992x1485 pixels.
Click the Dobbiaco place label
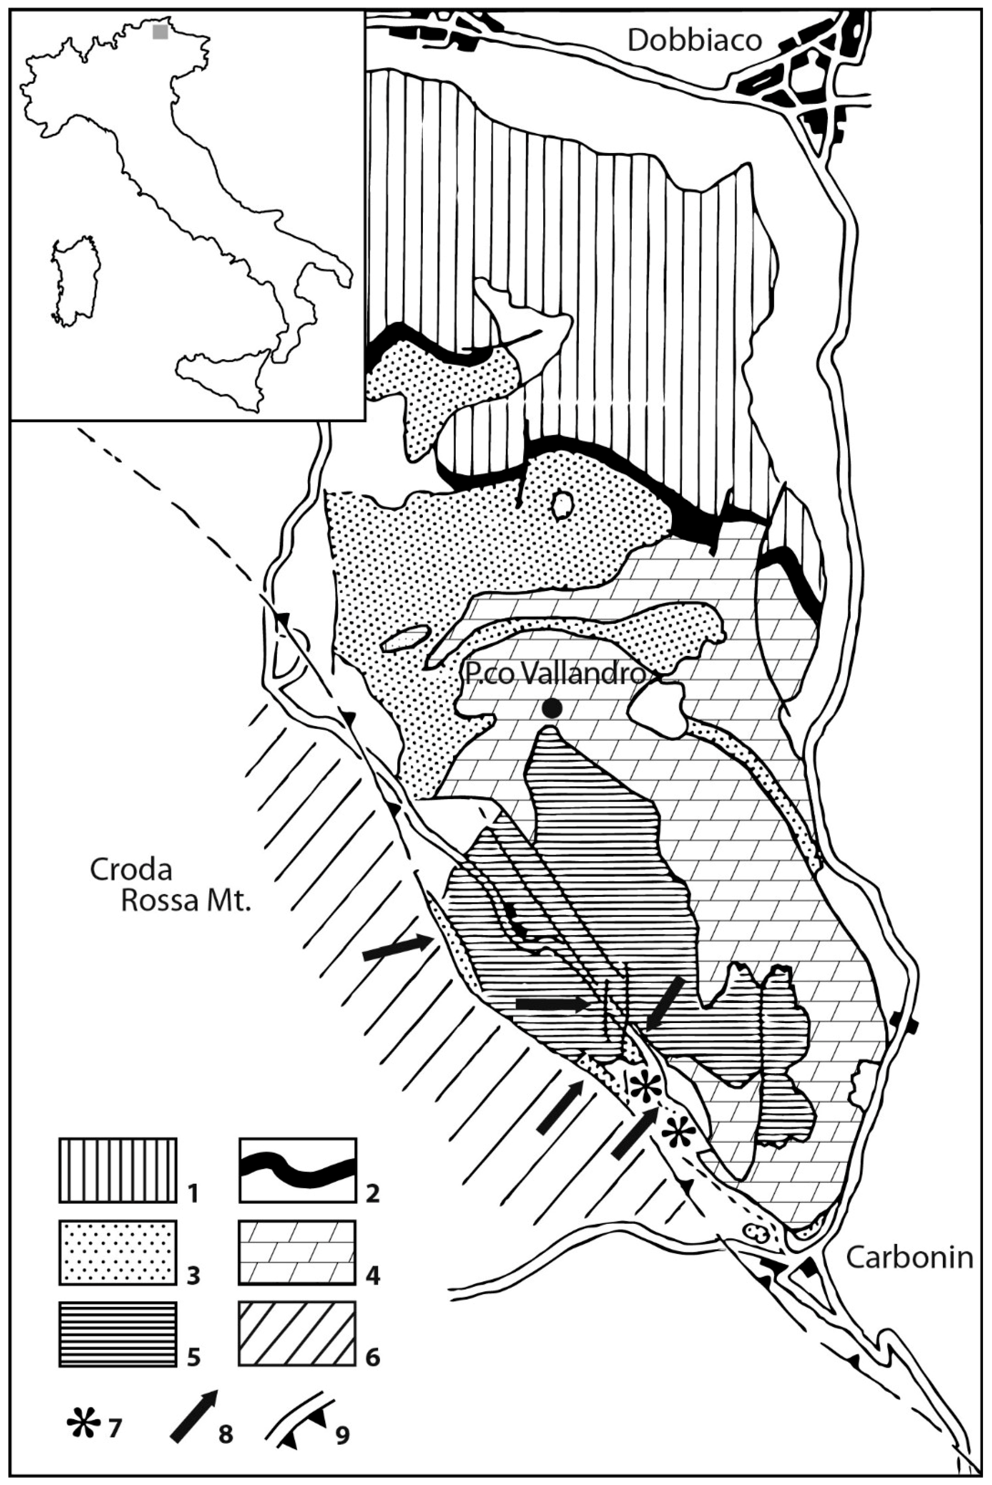694,42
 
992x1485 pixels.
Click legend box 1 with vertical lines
118,1171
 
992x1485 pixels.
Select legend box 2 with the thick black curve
297,1171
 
